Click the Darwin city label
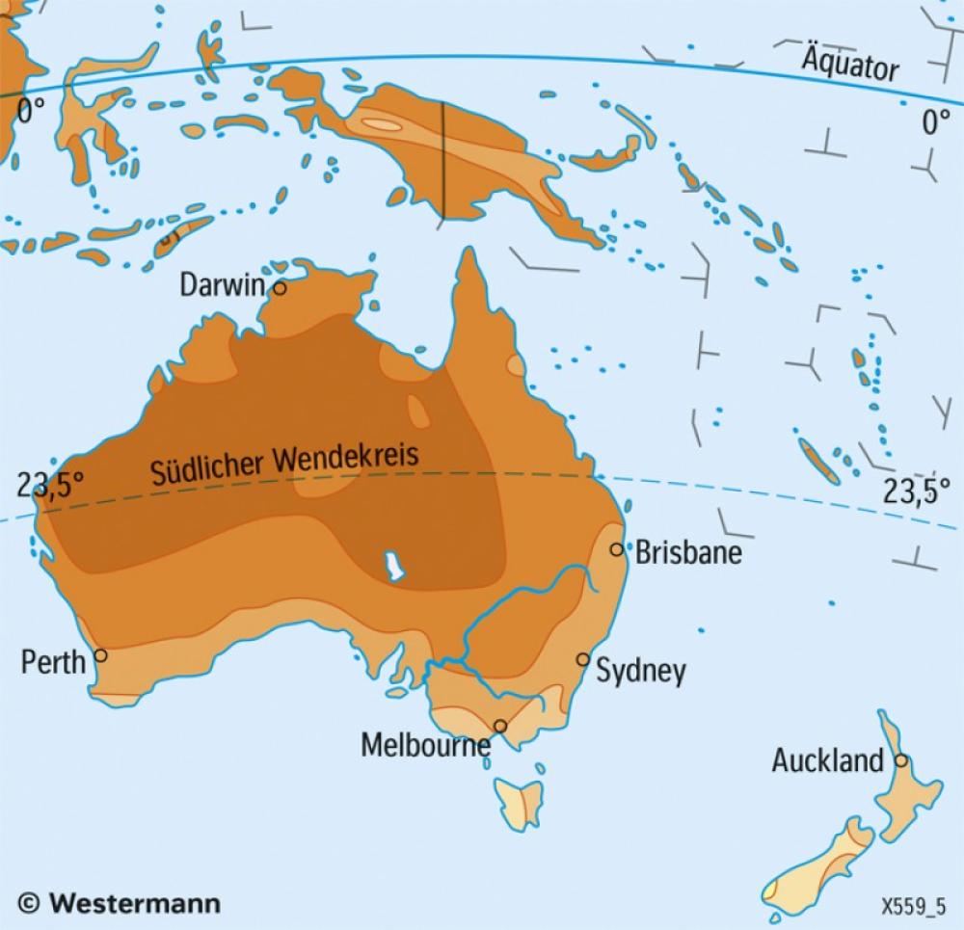pyautogui.click(x=222, y=285)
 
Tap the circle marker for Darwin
pyautogui.click(x=280, y=287)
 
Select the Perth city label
pyautogui.click(x=52, y=661)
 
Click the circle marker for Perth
pyautogui.click(x=100, y=655)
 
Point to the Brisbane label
pyautogui.click(x=688, y=553)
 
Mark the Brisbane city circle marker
pyautogui.click(x=617, y=549)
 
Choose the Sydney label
pyautogui.click(x=641, y=671)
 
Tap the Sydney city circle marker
pyautogui.click(x=582, y=659)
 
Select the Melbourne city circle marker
pyautogui.click(x=500, y=726)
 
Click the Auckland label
pyautogui.click(x=827, y=761)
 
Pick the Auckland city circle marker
pyautogui.click(x=900, y=759)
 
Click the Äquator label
pyautogui.click(x=850, y=67)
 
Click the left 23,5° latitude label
pyautogui.click(x=43, y=485)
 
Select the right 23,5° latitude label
pyautogui.click(x=911, y=492)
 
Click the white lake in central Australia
pyautogui.click(x=391, y=567)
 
